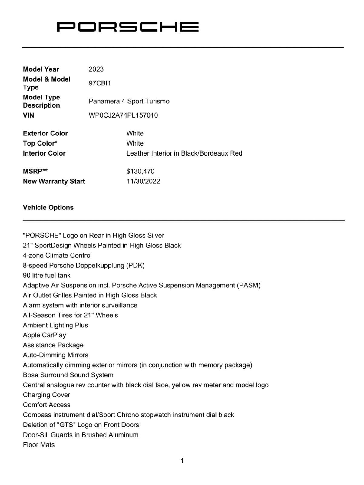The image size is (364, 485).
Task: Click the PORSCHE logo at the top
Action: click(x=128, y=27)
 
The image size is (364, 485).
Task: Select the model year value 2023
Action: click(x=96, y=69)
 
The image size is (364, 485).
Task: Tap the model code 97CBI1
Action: click(x=100, y=83)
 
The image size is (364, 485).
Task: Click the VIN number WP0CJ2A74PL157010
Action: click(x=123, y=115)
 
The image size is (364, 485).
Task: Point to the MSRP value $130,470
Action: click(x=140, y=171)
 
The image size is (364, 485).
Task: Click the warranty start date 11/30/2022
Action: click(x=143, y=181)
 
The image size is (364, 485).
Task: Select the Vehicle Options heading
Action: click(x=48, y=208)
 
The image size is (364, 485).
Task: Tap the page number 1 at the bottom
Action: click(x=182, y=461)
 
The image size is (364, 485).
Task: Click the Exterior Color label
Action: click(x=45, y=133)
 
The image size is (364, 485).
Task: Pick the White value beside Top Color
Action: click(x=135, y=143)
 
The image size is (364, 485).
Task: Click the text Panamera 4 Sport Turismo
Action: click(x=129, y=101)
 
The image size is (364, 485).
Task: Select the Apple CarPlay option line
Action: click(x=44, y=335)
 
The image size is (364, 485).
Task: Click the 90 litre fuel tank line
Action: click(x=46, y=276)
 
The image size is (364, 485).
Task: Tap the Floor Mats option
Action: click(x=39, y=445)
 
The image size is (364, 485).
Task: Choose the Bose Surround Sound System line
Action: click(x=68, y=375)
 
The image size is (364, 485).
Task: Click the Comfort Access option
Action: click(x=46, y=405)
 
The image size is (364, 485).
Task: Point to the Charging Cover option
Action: click(x=46, y=395)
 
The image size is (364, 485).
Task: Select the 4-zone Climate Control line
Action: click(x=57, y=256)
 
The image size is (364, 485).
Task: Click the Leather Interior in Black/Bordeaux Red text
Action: click(x=184, y=153)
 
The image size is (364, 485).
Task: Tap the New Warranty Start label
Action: click(x=54, y=181)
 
